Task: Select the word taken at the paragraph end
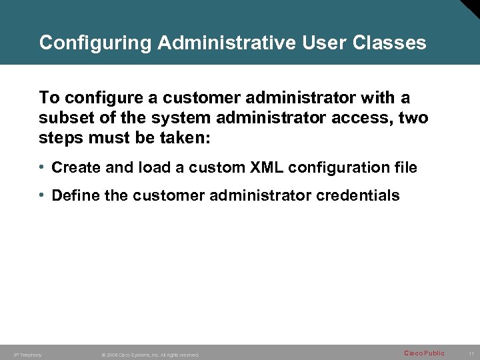click(189, 138)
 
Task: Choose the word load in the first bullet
click(153, 167)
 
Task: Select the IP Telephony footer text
click(28, 355)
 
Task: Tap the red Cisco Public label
click(424, 353)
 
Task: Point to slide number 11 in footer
click(471, 353)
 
